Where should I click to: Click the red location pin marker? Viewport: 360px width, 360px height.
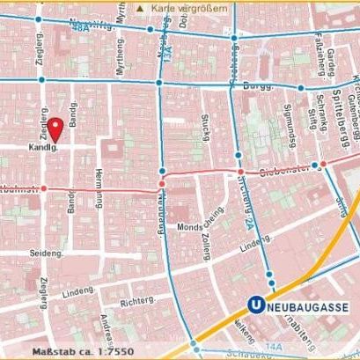(55, 129)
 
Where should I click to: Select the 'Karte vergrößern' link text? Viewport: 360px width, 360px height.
(186, 7)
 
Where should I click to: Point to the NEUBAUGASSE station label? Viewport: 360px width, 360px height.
(307, 306)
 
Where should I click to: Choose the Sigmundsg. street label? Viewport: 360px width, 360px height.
(287, 120)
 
